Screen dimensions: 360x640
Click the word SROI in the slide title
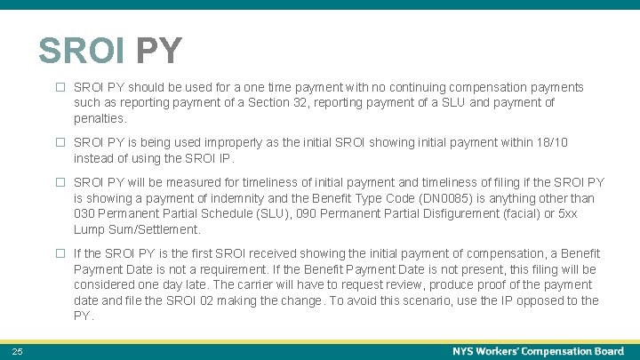(81, 52)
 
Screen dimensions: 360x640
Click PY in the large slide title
(158, 52)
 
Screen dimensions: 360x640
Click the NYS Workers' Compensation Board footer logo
(538, 351)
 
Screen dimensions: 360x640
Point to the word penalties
(100, 118)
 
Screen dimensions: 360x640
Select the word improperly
(225, 143)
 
